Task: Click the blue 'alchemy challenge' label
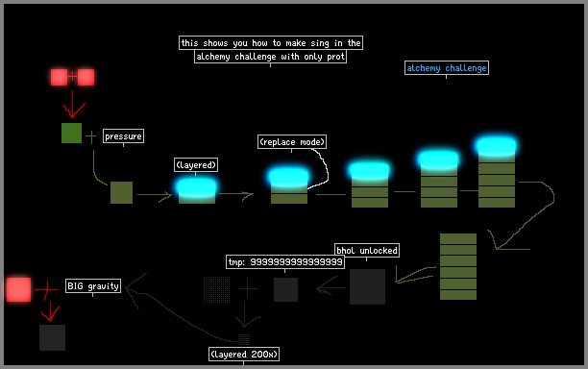coord(446,68)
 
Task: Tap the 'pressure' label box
coord(123,136)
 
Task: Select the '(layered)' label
coord(196,165)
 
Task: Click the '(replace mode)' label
coord(292,142)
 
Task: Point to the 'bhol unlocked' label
coord(367,250)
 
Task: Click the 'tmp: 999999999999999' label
coord(285,261)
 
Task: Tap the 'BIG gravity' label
coord(93,286)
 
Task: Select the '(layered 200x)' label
coord(244,355)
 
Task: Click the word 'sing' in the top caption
coord(320,43)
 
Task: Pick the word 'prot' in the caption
coord(335,57)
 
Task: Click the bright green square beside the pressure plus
coord(72,134)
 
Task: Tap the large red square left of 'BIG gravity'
coord(19,289)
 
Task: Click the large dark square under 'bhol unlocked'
coord(367,286)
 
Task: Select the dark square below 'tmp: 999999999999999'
coord(285,289)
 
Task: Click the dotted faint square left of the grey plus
coord(217,289)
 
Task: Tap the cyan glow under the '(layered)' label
coord(197,187)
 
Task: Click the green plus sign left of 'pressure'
coord(90,136)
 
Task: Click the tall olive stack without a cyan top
coord(458,266)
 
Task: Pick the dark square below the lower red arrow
coord(53,338)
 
